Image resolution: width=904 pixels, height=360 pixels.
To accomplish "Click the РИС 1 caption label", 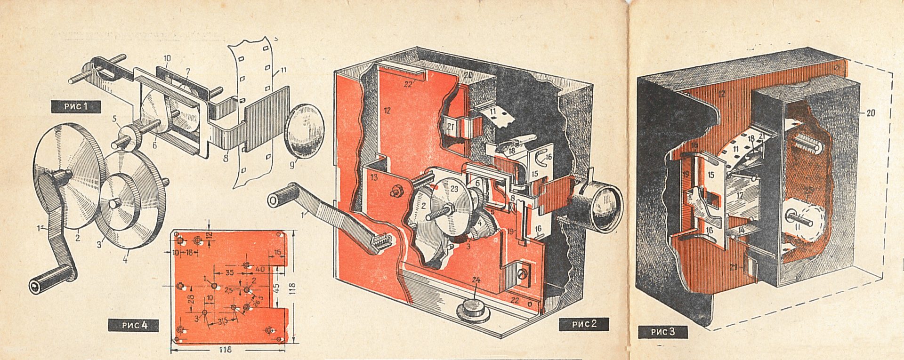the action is click(76, 106).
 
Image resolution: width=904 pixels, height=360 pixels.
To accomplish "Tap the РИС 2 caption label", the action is click(584, 324).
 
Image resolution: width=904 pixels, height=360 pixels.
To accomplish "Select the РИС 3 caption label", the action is click(662, 332).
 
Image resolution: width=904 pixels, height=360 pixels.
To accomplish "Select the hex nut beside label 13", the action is click(396, 191).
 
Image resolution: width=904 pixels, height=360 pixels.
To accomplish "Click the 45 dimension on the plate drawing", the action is click(277, 286).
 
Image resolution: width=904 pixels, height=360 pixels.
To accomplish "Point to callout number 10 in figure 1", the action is click(167, 58).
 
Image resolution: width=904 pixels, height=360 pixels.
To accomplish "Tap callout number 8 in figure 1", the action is click(226, 159).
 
